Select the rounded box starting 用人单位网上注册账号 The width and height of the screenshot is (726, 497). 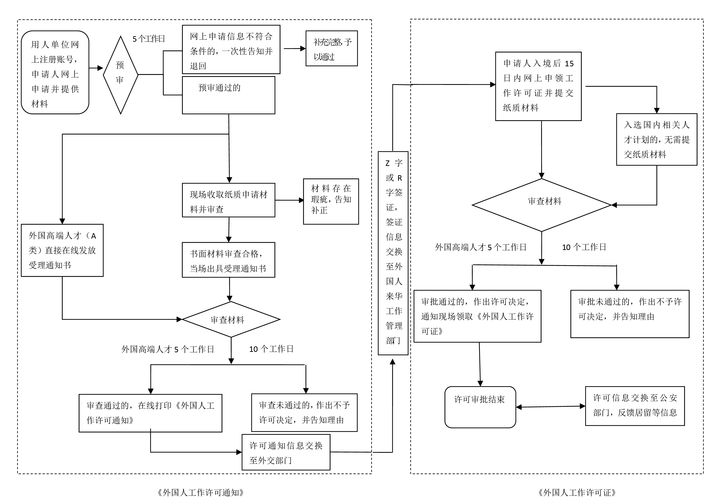[x=55, y=72]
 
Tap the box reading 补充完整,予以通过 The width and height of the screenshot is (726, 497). [x=331, y=49]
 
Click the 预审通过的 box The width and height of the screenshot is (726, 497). [x=228, y=95]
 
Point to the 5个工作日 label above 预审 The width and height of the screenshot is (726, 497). [x=149, y=39]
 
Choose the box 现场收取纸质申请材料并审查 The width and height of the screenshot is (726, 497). [x=228, y=200]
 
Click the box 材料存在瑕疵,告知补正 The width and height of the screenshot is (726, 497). [x=331, y=201]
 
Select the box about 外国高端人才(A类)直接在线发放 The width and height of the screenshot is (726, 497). [x=62, y=250]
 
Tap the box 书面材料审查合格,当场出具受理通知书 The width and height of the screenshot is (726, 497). [x=228, y=260]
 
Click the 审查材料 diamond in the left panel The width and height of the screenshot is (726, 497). [x=231, y=319]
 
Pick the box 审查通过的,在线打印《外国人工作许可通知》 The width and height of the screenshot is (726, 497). [x=150, y=413]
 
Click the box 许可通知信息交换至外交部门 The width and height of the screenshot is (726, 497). [x=286, y=452]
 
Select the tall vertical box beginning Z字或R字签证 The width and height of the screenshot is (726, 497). [x=393, y=253]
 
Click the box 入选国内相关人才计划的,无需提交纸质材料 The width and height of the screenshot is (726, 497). [x=657, y=139]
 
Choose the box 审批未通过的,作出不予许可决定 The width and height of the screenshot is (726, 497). [x=630, y=314]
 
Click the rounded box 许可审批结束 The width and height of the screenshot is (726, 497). [x=480, y=407]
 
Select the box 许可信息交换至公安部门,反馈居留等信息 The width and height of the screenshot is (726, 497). [x=635, y=406]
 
